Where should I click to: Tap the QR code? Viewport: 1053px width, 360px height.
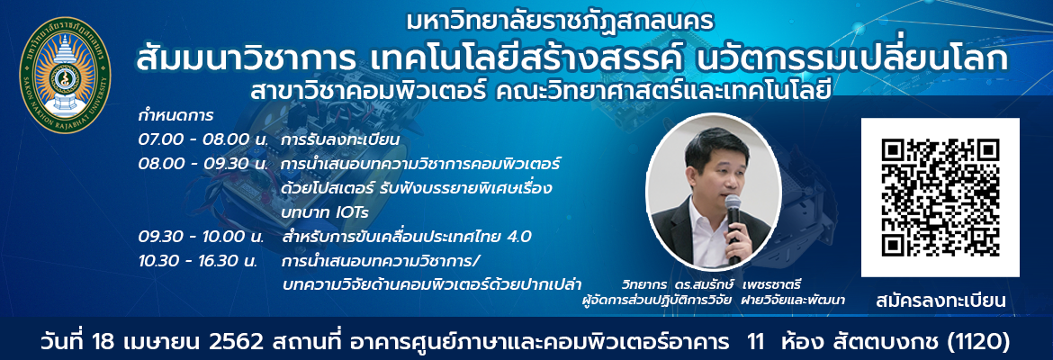tap(940, 197)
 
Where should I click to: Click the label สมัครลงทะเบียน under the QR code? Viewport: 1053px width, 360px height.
tap(940, 301)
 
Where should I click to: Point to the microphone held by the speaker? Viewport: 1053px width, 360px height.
tap(733, 225)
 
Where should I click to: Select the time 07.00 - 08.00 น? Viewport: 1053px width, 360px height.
tap(203, 141)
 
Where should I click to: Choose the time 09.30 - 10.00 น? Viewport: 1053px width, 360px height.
tap(203, 237)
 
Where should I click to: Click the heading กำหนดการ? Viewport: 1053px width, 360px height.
tap(175, 115)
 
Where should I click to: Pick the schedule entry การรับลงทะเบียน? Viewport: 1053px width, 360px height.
tap(341, 141)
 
